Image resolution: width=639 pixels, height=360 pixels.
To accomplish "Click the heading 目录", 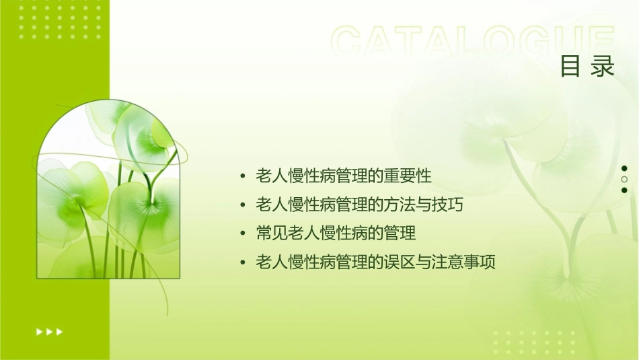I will click(x=587, y=67).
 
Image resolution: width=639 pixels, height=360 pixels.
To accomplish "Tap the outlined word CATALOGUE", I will click(x=473, y=41).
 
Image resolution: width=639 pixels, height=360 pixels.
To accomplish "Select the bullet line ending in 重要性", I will click(x=344, y=176).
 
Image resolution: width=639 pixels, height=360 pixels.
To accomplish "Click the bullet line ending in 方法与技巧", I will click(x=360, y=205).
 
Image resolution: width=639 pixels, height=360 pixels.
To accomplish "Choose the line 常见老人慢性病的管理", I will click(x=336, y=233).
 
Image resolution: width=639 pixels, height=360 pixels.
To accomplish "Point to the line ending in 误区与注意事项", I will click(x=376, y=262).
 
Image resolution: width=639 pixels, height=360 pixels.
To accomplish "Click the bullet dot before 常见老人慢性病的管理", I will click(x=242, y=234).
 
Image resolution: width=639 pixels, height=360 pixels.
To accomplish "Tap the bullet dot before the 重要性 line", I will click(x=242, y=177).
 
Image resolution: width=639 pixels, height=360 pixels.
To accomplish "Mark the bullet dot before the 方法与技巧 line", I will click(x=242, y=205).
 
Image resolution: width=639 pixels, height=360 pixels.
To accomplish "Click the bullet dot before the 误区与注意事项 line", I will click(x=242, y=263).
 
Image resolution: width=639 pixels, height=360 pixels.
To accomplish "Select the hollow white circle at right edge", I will click(x=624, y=180).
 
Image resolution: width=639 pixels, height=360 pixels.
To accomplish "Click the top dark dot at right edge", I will click(x=624, y=168).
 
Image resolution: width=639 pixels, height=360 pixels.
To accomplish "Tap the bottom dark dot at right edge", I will click(x=624, y=190).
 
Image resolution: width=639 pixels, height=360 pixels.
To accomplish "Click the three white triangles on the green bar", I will click(x=49, y=332).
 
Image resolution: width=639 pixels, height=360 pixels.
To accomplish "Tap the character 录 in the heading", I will click(x=603, y=67).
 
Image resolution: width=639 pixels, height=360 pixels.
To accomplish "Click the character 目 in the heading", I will click(x=570, y=67).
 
